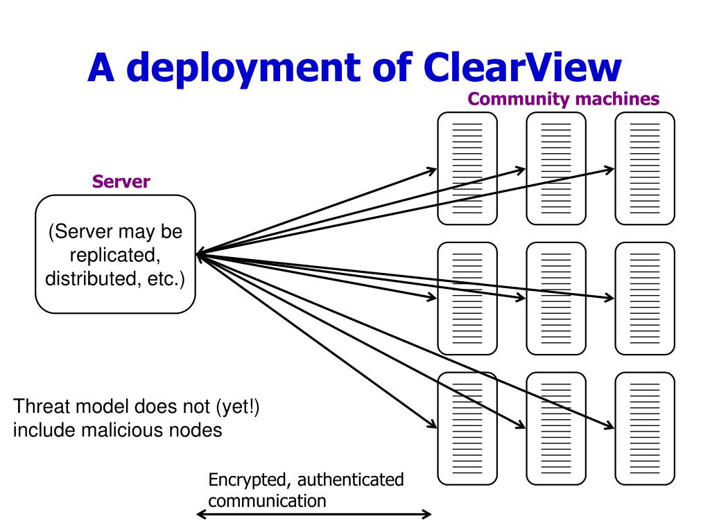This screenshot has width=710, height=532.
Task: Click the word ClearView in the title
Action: pos(523,67)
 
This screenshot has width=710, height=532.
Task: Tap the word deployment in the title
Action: pos(243,69)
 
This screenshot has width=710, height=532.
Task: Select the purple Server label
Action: pos(121,181)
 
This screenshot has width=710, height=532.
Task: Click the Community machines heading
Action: pos(563,99)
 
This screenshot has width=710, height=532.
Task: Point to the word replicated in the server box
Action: pos(115,255)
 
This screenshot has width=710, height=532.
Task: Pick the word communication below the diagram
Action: pos(267,501)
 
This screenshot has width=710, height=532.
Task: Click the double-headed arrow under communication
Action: pos(314,514)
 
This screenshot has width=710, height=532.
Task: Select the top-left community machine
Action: pos(467,168)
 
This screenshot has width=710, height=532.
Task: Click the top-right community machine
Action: pos(645,168)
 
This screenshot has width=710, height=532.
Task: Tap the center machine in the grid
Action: pos(556,299)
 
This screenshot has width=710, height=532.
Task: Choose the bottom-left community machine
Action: pos(467,429)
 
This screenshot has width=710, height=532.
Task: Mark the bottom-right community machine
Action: pos(645,429)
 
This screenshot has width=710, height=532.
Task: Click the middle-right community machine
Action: pos(645,299)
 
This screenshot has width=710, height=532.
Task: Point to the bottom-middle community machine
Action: pos(556,429)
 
